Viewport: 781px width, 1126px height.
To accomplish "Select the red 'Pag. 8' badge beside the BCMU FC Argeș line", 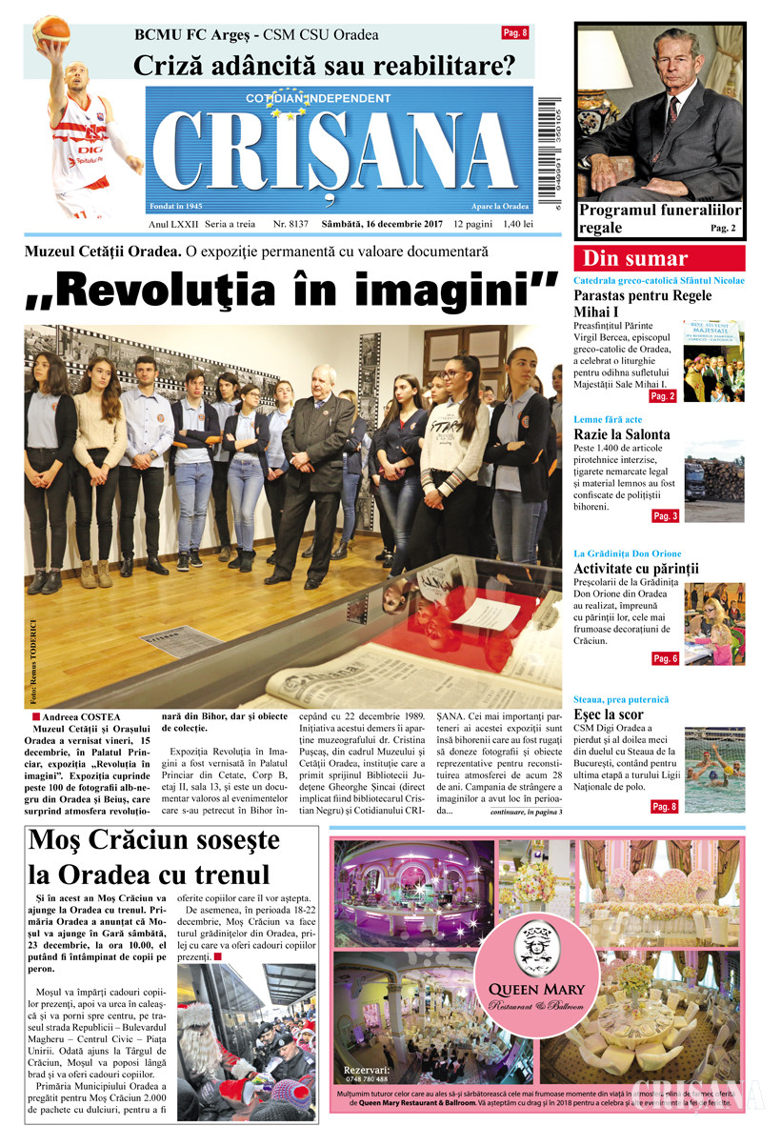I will [x=515, y=33].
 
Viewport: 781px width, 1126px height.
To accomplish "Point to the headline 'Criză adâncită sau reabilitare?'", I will [x=324, y=66].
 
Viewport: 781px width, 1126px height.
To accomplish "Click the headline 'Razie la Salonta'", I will [x=621, y=434].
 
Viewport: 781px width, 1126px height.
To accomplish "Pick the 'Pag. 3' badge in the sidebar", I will [x=665, y=515].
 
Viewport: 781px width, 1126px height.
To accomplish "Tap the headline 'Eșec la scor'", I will [x=609, y=714].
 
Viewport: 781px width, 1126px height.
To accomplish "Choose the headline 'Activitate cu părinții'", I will [x=635, y=569].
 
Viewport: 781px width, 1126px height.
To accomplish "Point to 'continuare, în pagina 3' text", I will [x=526, y=812].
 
